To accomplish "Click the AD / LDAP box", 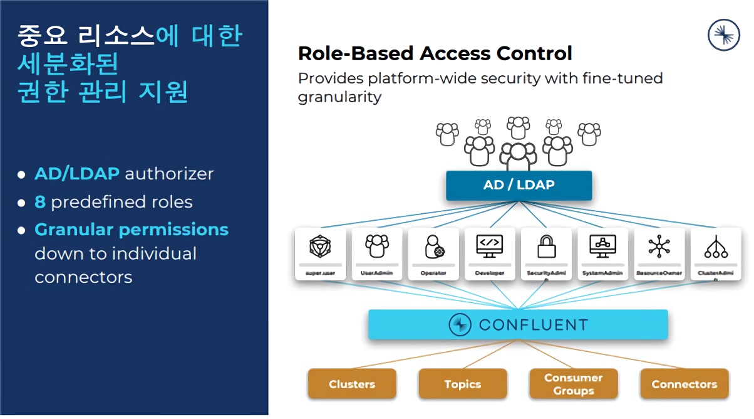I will (519, 185).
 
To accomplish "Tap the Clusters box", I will (352, 384).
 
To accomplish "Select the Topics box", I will (463, 384).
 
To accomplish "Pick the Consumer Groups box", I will (573, 384).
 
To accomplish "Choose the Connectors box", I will (684, 384).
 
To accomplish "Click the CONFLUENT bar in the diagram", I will (518, 325).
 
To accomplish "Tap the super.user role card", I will (320, 253).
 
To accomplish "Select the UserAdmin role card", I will (376, 253).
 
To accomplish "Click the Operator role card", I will (433, 253).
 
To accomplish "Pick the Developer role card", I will (490, 253).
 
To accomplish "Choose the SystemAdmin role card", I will (602, 253).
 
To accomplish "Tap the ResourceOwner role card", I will (659, 253).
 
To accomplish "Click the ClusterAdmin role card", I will (716, 253).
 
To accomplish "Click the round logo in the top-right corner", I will (723, 34).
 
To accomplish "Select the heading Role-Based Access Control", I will (435, 53).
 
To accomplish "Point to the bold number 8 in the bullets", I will (40, 202).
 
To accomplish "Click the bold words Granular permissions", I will (132, 230).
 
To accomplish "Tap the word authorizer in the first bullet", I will (169, 174).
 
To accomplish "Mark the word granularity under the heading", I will (339, 97).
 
